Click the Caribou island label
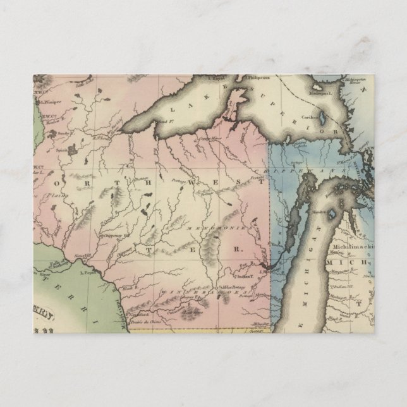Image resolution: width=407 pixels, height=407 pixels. coord(310,116)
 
